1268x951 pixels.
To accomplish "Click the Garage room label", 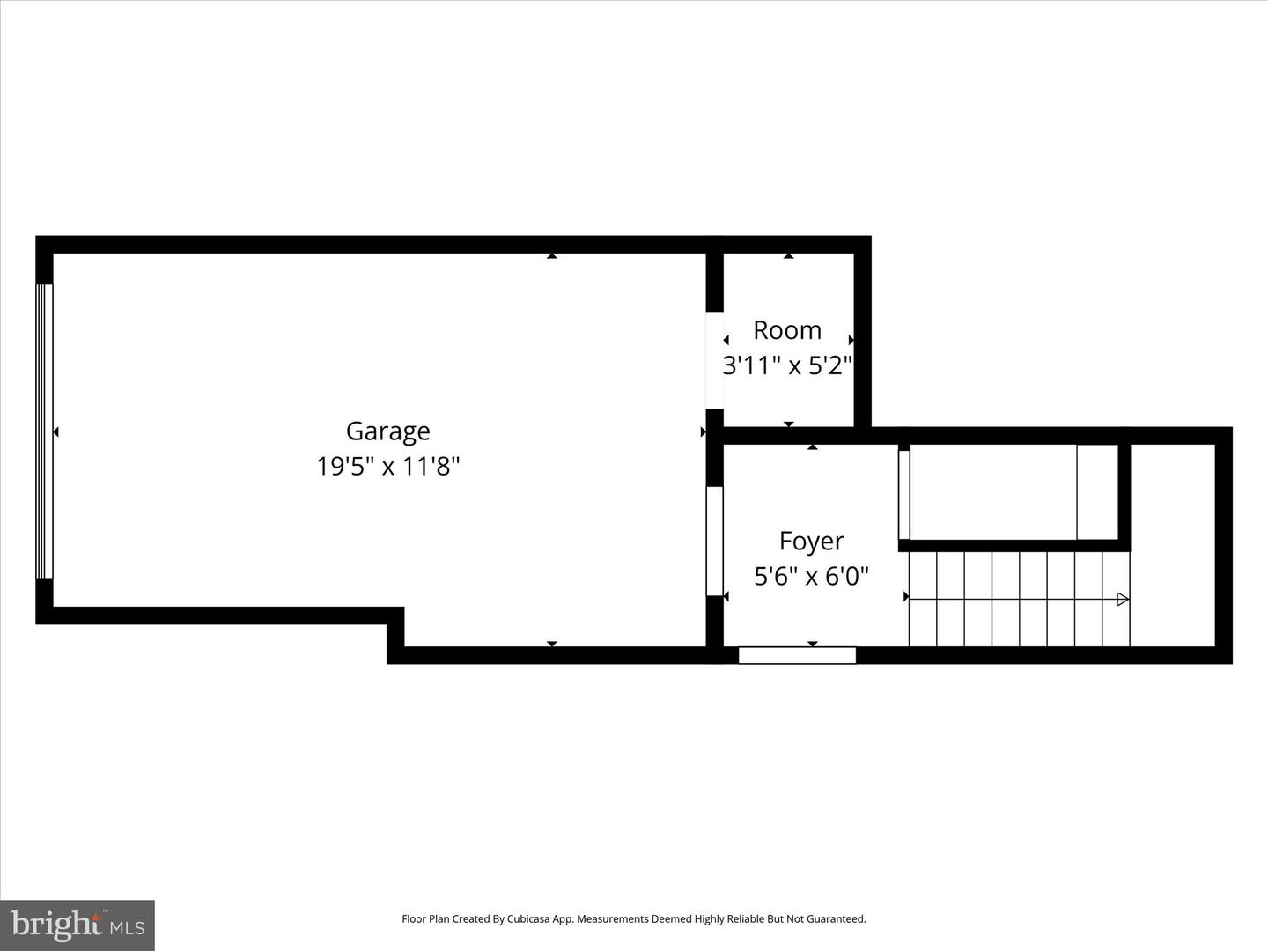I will [387, 431].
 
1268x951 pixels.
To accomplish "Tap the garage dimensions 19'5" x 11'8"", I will [387, 465].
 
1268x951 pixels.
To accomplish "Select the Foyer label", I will [811, 541].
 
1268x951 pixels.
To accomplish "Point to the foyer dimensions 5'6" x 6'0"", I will [811, 576].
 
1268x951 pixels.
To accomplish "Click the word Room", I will [787, 330].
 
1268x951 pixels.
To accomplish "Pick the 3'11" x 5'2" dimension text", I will [787, 365].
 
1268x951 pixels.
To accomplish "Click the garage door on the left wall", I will [44, 431].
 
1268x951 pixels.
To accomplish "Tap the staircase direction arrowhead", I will [1123, 600].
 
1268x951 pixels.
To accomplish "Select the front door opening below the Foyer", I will [797, 655].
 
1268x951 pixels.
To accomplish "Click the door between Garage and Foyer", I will [714, 541].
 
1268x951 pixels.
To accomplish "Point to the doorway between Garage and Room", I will [714, 360].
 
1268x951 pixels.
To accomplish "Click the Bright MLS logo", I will [77, 925].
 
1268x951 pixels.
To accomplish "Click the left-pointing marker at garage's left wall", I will [56, 431].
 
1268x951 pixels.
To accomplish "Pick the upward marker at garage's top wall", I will [552, 256].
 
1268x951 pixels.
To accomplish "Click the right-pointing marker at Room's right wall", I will [851, 340].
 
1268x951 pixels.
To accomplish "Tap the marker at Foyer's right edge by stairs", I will [906, 597].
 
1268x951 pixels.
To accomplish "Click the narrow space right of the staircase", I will [1172, 545].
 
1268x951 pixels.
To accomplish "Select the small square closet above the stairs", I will [1097, 491].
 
